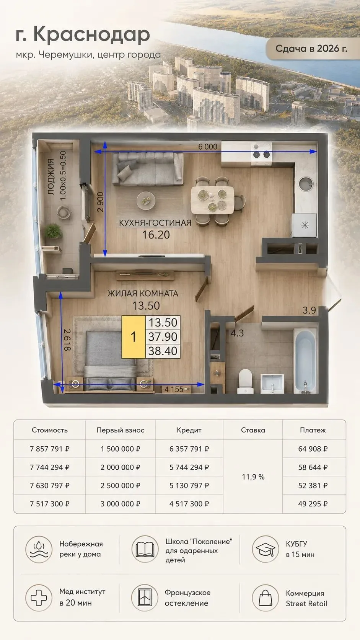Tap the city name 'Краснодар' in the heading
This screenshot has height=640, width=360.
tap(92, 34)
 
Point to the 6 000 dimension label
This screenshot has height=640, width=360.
tap(208, 147)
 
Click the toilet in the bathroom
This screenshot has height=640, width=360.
tap(246, 381)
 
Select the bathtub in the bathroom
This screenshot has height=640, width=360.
tap(305, 361)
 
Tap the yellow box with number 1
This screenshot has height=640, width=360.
tap(133, 337)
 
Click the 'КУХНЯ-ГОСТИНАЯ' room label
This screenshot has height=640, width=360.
tap(155, 223)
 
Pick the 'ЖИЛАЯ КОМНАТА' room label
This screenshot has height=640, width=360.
tap(143, 294)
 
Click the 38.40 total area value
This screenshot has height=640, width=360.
tap(163, 351)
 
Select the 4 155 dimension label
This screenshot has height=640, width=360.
tap(174, 389)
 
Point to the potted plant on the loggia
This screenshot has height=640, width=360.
tap(54, 231)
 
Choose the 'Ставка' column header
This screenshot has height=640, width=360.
tap(253, 430)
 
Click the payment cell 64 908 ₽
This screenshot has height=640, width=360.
tap(313, 449)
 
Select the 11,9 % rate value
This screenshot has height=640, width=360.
tap(253, 477)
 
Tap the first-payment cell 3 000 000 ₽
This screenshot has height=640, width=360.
tap(120, 504)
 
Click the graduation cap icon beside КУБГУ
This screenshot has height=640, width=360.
tap(265, 549)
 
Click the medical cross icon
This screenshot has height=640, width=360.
tap(39, 598)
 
